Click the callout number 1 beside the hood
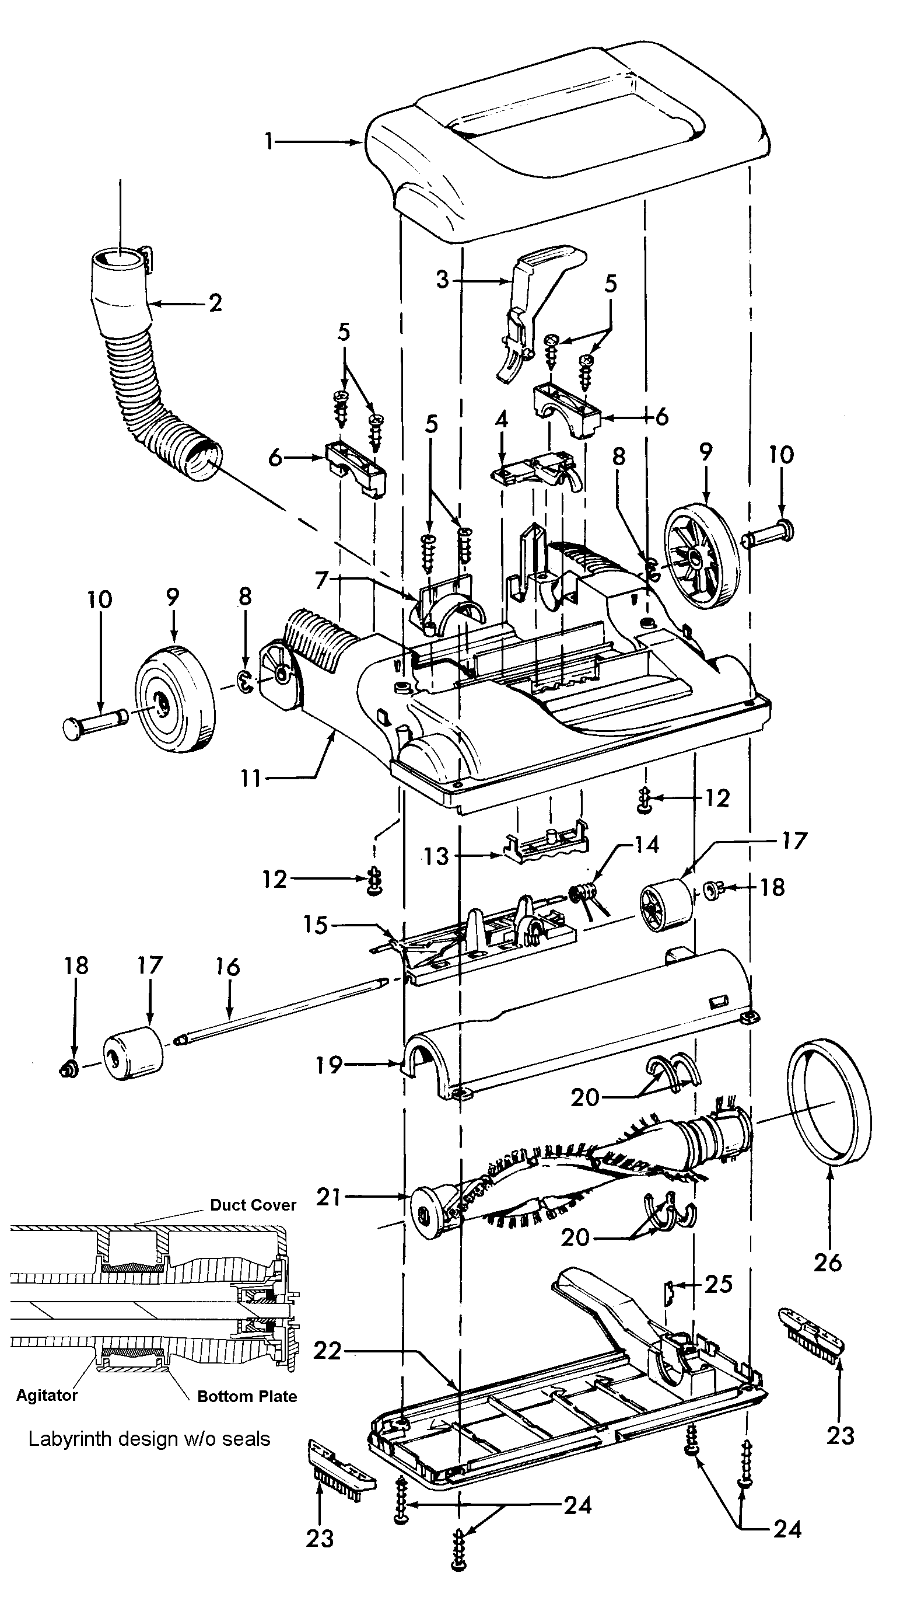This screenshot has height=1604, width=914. (269, 142)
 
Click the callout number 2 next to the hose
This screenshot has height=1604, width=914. (215, 304)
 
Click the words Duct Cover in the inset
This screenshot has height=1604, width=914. (253, 1205)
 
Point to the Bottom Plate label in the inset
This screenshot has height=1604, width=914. (247, 1396)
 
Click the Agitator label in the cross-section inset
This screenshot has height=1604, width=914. (47, 1395)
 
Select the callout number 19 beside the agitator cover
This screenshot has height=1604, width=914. (329, 1065)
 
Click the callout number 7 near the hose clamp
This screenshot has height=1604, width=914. (321, 580)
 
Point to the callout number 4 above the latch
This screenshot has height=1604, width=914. (501, 420)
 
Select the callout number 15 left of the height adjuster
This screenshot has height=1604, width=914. (315, 925)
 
